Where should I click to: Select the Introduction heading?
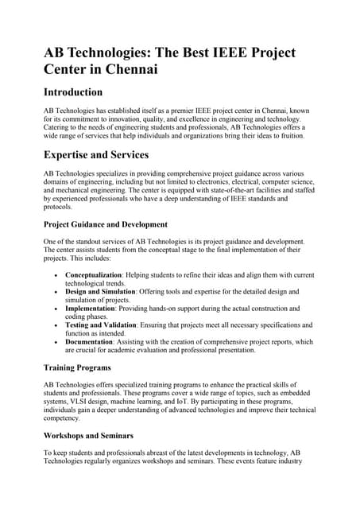73,92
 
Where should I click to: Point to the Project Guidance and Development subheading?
105,223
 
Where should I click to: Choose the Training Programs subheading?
76,368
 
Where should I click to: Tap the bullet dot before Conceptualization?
54,274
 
